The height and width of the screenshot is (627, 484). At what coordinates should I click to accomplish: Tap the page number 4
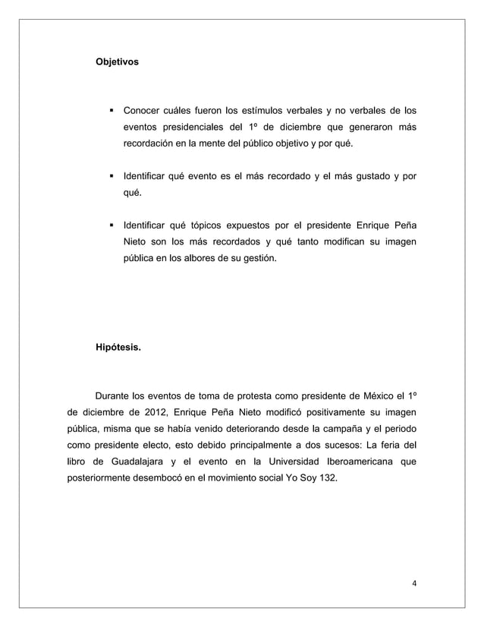(x=414, y=583)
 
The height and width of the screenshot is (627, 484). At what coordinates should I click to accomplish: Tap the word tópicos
(x=209, y=225)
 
